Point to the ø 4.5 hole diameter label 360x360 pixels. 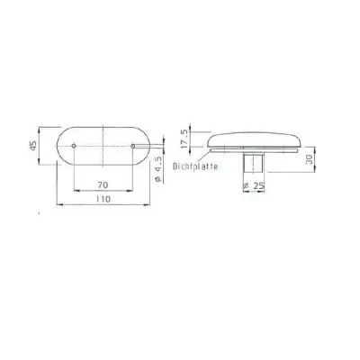click(160, 167)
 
